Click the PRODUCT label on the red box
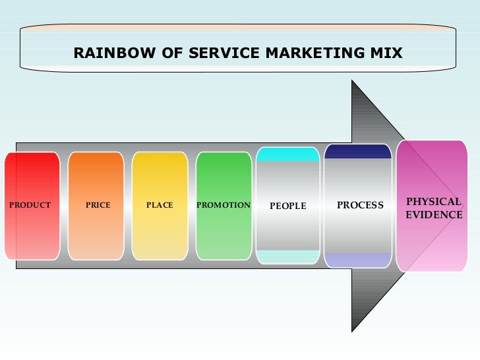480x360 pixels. pos(30,205)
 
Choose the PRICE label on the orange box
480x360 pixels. pos(98,205)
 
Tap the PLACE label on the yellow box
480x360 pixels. pos(160,205)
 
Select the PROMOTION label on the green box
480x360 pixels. pos(224,205)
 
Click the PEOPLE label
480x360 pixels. pos(288,206)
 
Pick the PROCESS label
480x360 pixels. pos(360,205)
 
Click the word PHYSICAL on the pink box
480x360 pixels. pos(434,202)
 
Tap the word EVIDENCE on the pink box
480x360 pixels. pos(434,215)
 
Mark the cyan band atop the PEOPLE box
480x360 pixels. pos(287,154)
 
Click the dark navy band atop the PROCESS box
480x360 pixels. pos(358,152)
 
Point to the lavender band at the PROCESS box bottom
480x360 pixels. pos(358,260)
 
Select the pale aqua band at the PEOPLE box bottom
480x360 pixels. pos(287,256)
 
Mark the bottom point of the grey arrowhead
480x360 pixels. pos(353,330)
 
